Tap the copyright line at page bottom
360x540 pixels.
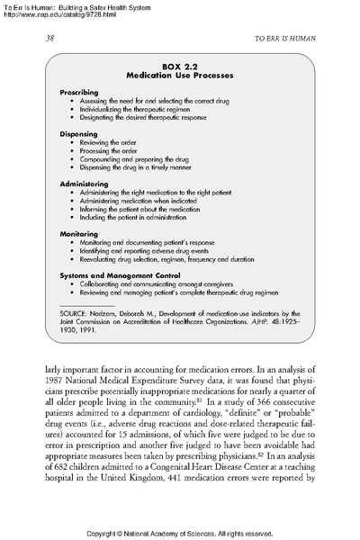pos(179,533)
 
